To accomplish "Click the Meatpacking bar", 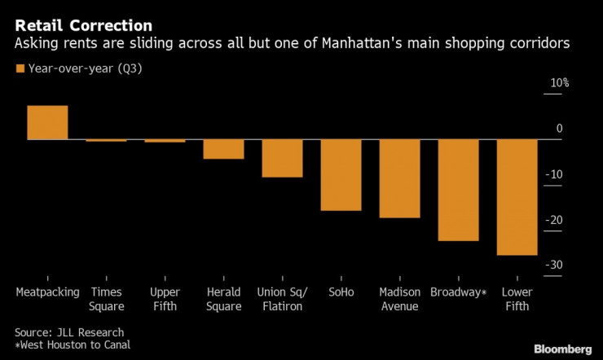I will [47, 123].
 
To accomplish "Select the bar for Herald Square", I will [223, 149].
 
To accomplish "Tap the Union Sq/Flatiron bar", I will [282, 158].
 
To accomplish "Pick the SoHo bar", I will [341, 175].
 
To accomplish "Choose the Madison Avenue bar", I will [399, 178].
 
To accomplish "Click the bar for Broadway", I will [458, 190].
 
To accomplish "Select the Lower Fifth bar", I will [517, 197].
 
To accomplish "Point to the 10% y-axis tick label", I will [558, 83].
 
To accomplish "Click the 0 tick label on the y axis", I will [560, 129].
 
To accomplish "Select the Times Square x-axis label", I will [107, 299].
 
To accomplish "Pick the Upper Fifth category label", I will [165, 299].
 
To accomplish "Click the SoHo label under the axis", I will [341, 292].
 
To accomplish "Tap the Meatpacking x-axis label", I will [47, 292].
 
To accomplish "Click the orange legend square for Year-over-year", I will [20, 68].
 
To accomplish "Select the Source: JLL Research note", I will [68, 332].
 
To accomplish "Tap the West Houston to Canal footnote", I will [73, 345].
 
